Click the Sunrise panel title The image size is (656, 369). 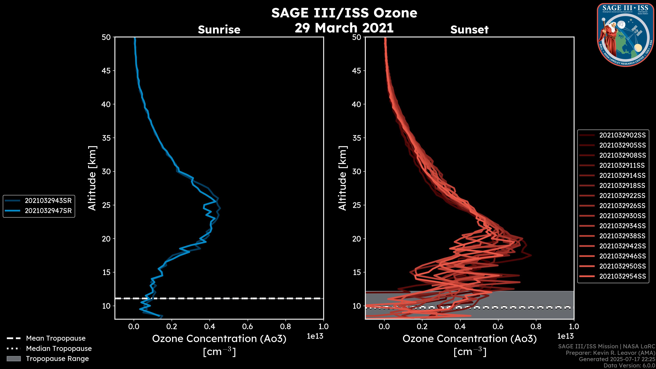pyautogui.click(x=219, y=30)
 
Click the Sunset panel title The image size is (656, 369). pyautogui.click(x=469, y=30)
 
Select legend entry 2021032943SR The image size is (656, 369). pyautogui.click(x=48, y=201)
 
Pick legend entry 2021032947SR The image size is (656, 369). pyautogui.click(x=48, y=211)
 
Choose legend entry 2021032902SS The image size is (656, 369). pyautogui.click(x=622, y=135)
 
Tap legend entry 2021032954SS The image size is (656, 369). pyautogui.click(x=622, y=276)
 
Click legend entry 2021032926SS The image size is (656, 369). pyautogui.click(x=622, y=206)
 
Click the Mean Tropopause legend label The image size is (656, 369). pyautogui.click(x=56, y=338)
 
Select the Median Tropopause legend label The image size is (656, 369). pyautogui.click(x=59, y=349)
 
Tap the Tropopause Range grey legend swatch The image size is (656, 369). pyautogui.click(x=14, y=359)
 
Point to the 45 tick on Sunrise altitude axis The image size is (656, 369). pyautogui.click(x=106, y=71)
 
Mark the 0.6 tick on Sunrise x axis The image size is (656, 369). pyautogui.click(x=248, y=326)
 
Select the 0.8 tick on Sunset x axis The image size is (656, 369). pyautogui.click(x=536, y=326)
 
